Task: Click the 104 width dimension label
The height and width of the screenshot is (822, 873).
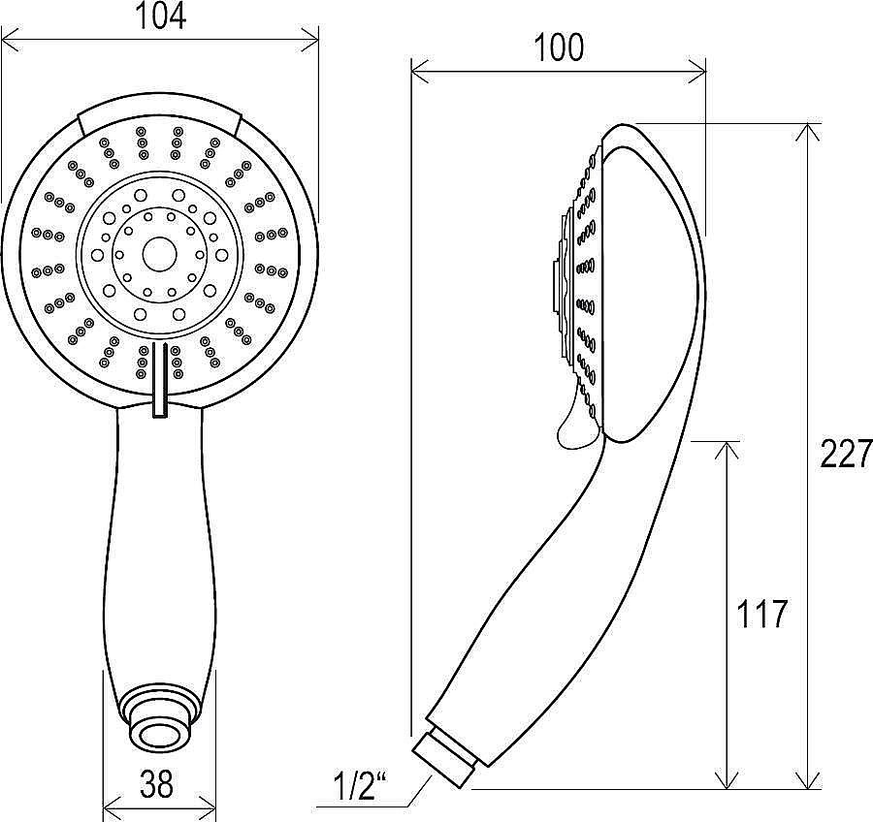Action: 161,16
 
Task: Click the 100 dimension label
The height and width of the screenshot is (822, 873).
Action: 559,47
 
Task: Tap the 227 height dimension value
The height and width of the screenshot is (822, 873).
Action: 846,454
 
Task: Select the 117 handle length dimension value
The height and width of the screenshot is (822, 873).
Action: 761,615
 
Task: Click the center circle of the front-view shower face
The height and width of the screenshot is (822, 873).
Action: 160,254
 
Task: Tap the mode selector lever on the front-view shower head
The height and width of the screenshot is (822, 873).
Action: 160,380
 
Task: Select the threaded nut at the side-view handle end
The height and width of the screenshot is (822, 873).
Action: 444,759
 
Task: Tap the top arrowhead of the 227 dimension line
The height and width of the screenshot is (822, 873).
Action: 809,133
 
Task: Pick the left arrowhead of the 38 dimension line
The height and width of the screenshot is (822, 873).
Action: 113,805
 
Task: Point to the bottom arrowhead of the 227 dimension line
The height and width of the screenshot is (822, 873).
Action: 809,778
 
